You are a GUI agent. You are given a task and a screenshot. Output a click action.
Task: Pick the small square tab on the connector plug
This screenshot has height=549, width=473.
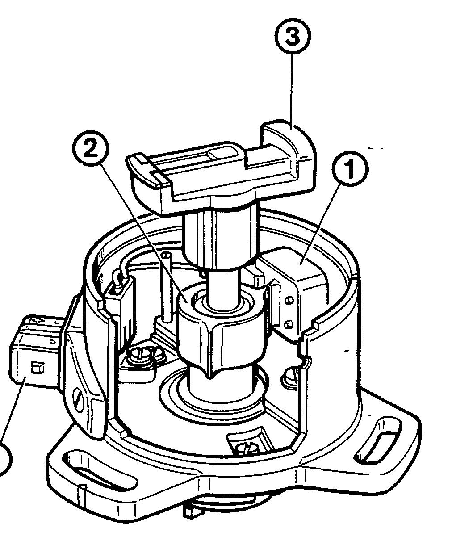(36, 368)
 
